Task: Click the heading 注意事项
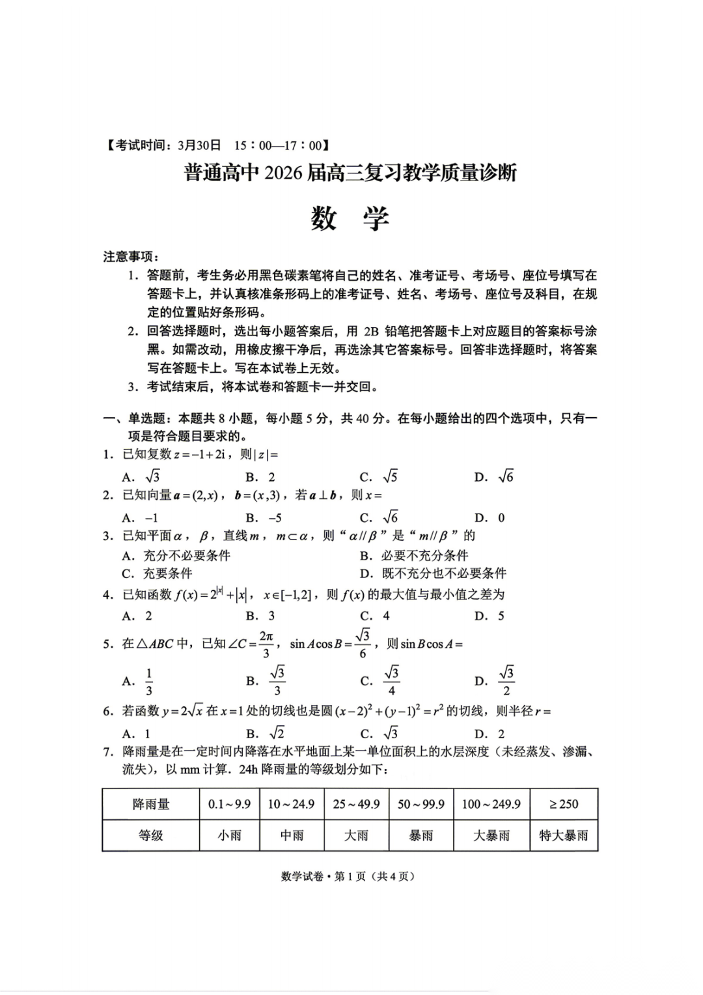coord(130,257)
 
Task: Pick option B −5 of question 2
coord(264,518)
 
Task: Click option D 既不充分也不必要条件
coord(433,573)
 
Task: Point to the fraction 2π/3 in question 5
coord(266,644)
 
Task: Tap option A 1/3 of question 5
coord(139,681)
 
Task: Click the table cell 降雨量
coord(151,804)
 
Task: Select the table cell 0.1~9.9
coord(229,804)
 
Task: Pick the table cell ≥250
coord(564,804)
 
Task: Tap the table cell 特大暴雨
coord(564,835)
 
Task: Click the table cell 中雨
coord(292,835)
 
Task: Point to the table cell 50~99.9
coord(421,804)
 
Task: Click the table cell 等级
coord(151,835)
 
